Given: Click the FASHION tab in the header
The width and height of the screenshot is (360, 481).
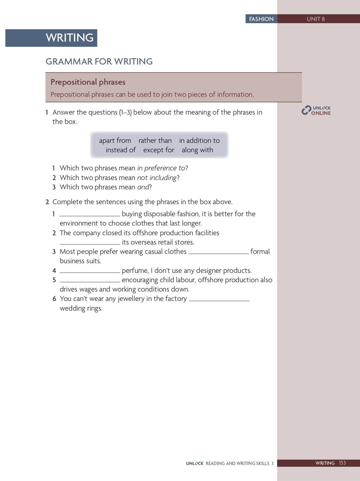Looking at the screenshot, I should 261,19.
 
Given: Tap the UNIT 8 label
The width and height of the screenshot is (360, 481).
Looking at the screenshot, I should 316,19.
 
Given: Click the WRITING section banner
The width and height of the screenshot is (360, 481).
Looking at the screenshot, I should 69,38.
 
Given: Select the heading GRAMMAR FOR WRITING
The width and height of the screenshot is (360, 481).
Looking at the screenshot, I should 99,62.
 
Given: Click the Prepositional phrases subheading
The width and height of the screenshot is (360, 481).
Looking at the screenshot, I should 88,82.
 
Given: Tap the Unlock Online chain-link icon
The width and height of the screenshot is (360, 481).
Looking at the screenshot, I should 306,110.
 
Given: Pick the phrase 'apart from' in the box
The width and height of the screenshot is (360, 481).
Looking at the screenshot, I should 115,141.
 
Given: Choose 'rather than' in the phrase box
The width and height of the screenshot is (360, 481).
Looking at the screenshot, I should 155,141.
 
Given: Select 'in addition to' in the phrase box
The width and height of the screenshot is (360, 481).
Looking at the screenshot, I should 199,141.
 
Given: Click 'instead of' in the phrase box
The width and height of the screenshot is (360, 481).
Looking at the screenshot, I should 121,150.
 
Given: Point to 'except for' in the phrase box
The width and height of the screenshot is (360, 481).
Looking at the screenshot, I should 159,150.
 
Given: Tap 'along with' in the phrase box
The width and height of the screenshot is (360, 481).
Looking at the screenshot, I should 197,150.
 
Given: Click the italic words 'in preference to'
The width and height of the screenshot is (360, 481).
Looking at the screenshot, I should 161,168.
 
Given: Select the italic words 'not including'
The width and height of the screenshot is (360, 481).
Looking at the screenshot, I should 157,178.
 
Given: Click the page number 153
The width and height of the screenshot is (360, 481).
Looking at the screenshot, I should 342,463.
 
